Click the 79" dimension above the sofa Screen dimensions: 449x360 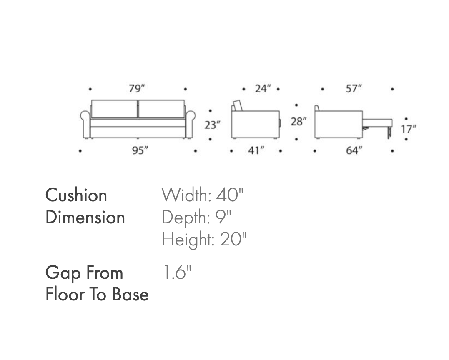tap(137, 89)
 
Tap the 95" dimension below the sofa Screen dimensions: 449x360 tap(140, 150)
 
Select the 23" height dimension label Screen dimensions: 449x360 tap(213, 125)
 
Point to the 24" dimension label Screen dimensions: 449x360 tap(263, 89)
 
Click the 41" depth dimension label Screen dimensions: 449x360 tap(256, 150)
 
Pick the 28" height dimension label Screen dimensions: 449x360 tap(298, 122)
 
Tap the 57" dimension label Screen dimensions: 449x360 tap(354, 89)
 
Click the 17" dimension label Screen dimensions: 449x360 tap(409, 129)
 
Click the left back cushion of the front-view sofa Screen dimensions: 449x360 tap(115, 109)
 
